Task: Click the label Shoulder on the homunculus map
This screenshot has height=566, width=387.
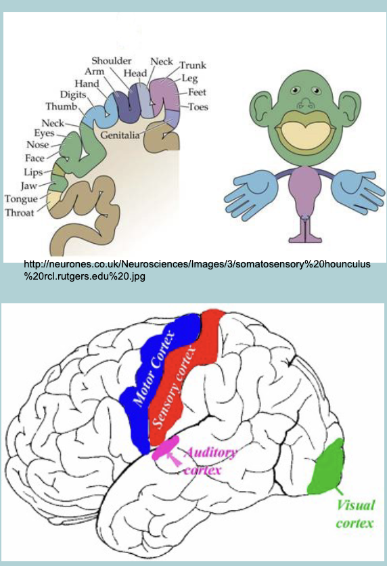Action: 112,61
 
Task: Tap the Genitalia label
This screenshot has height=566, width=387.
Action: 120,135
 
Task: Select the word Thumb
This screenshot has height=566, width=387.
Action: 62,107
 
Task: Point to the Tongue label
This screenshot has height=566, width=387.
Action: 21,199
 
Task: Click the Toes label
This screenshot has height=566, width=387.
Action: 198,107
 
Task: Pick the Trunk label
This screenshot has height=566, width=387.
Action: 192,66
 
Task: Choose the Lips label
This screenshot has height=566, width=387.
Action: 34,172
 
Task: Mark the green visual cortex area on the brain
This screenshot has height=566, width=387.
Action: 329,468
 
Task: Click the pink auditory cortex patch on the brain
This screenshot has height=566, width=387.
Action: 165,452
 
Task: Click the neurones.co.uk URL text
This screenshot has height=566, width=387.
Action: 196,270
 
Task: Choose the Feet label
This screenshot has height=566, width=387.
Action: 198,93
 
